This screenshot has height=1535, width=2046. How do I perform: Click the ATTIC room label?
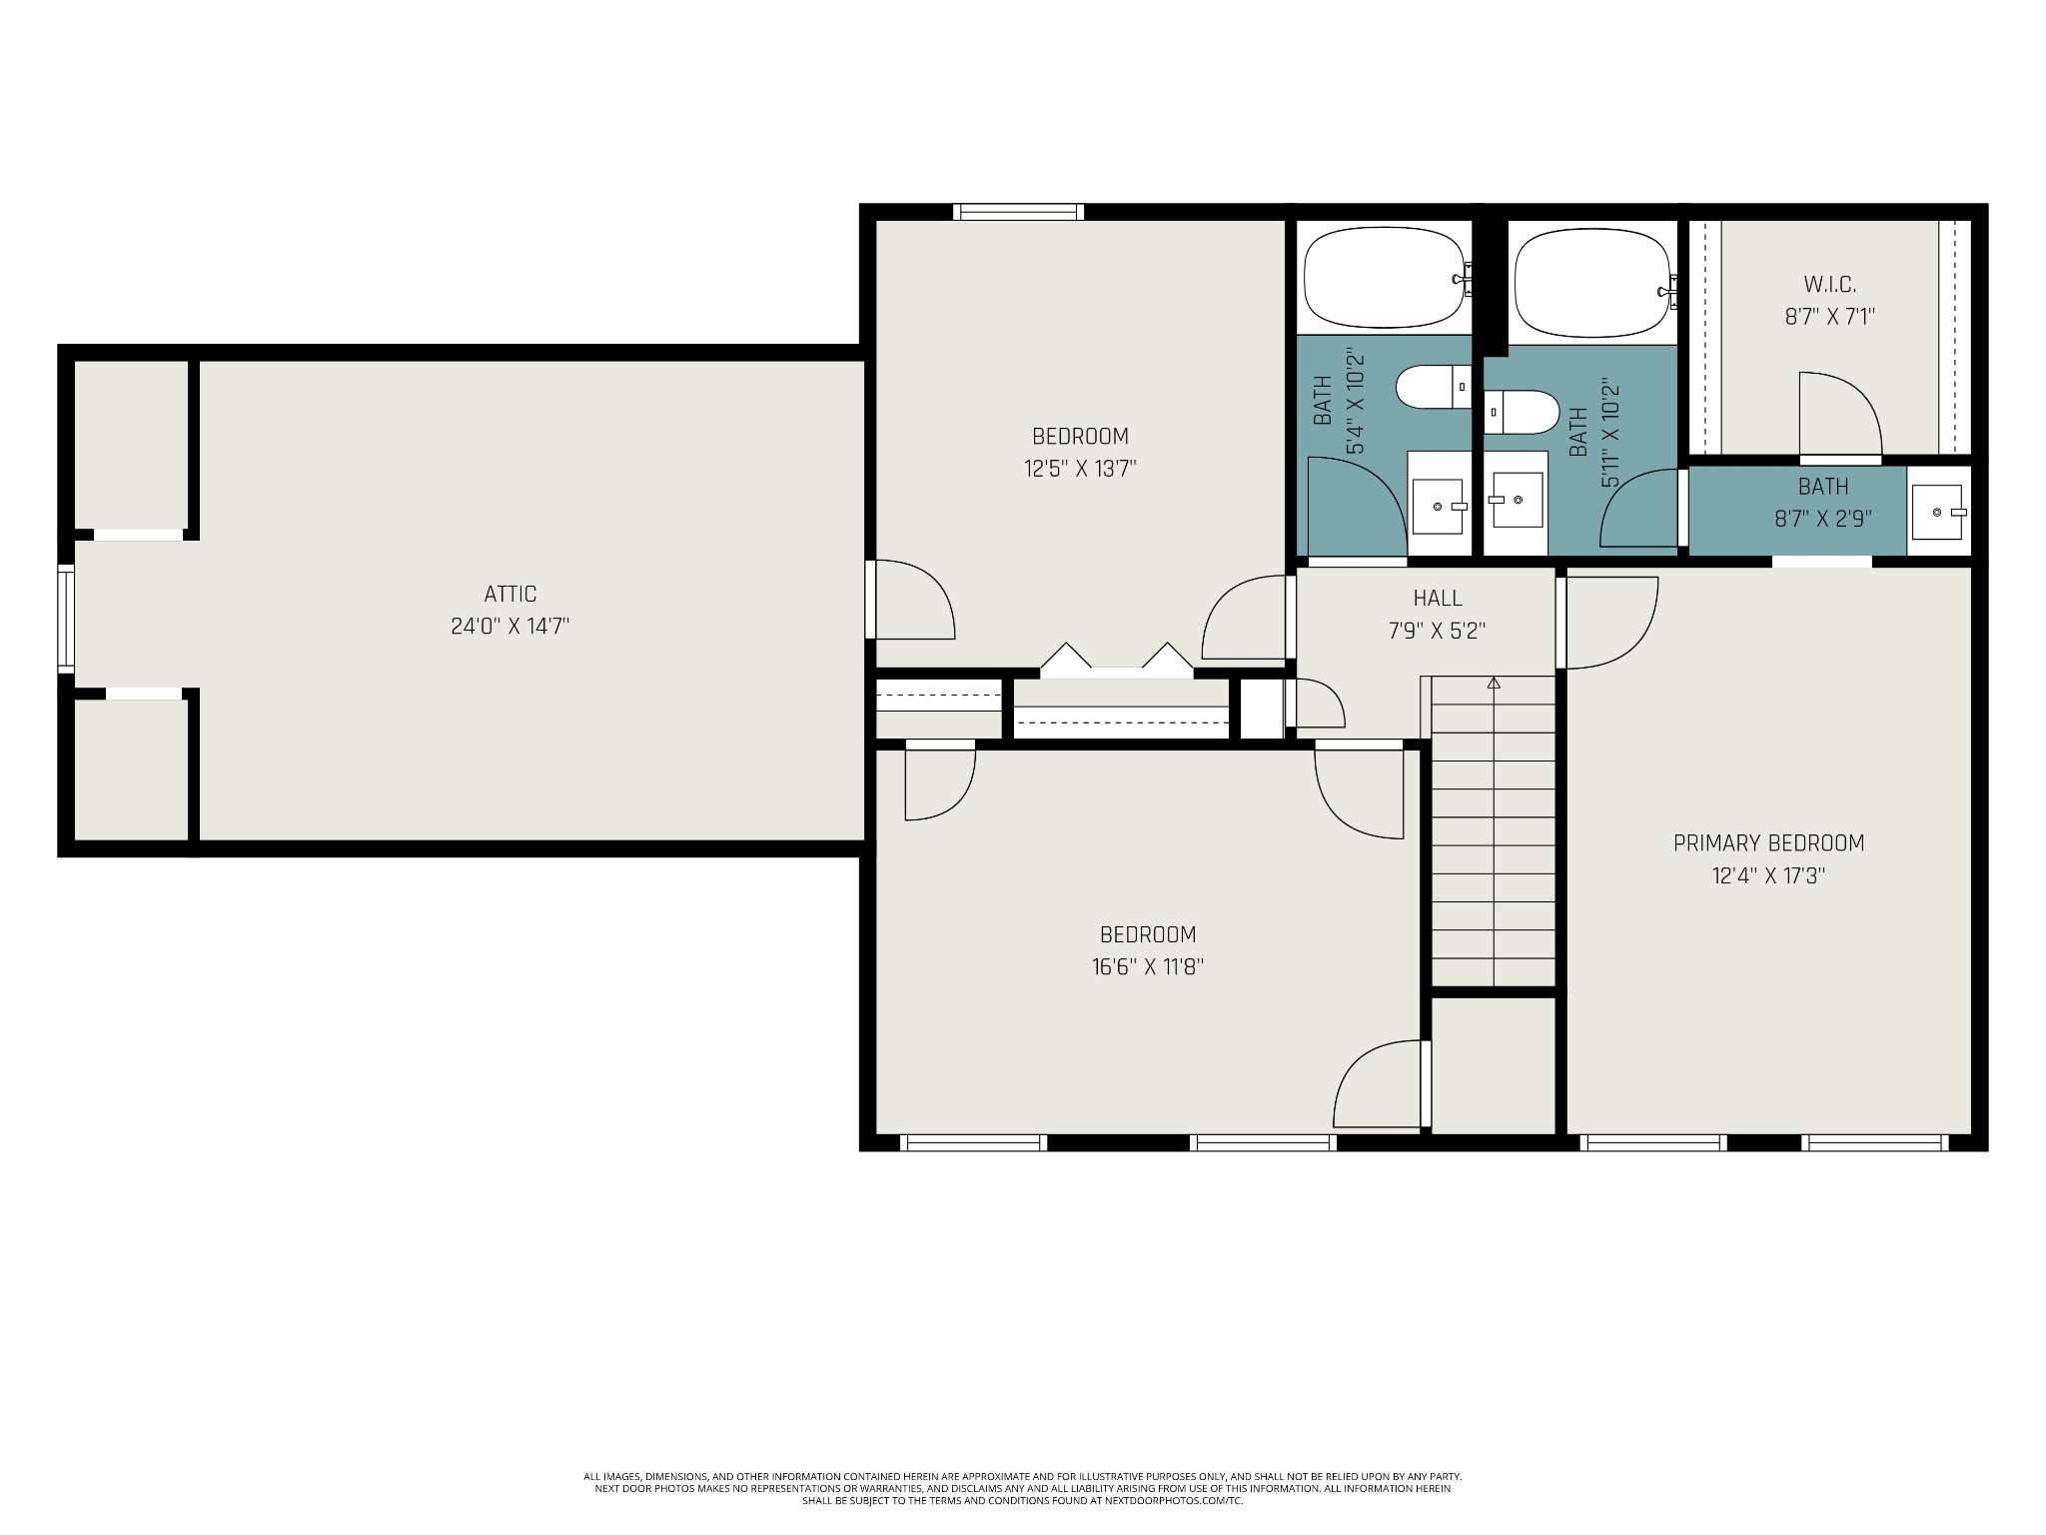point(510,594)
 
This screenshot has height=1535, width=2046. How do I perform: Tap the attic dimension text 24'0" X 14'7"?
point(510,627)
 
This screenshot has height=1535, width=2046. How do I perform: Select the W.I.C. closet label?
point(1829,285)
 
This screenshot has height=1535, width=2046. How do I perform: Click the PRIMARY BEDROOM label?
point(1768,842)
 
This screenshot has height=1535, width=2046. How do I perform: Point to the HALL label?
point(1438,598)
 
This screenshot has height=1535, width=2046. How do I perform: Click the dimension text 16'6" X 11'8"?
point(1148,966)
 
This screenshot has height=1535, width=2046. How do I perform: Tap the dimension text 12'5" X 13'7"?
point(1080,468)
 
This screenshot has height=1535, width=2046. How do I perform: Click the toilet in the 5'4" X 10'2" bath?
point(1434,387)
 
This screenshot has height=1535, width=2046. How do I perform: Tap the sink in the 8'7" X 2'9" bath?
point(1938,512)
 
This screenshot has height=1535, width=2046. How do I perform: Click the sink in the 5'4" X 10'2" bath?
point(1439,507)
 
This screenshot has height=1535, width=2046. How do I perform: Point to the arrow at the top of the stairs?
point(1494,684)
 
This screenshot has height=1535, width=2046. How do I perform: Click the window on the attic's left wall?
point(66,617)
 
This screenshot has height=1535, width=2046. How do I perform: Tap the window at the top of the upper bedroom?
point(1018,211)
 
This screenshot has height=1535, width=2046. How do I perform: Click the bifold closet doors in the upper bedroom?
point(1116,659)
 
